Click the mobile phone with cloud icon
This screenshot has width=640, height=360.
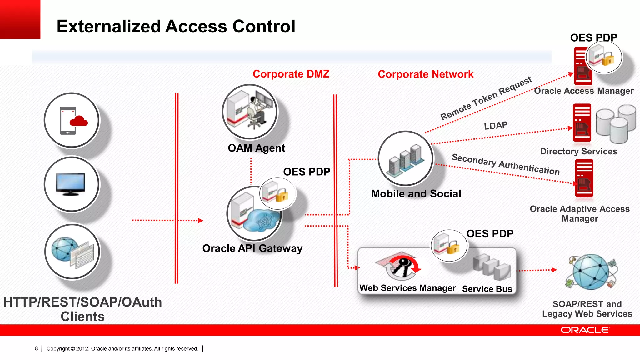click(72, 120)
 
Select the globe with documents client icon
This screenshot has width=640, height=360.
click(72, 252)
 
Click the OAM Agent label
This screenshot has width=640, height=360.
click(256, 148)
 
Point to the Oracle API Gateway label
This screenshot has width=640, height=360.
click(252, 248)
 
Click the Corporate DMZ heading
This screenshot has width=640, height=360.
click(291, 74)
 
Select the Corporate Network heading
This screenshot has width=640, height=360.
click(425, 74)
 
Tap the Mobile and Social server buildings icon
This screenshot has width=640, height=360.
click(406, 159)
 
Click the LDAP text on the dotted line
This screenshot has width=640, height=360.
click(496, 126)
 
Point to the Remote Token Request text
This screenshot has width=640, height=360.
click(486, 98)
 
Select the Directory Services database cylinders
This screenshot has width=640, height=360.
click(616, 124)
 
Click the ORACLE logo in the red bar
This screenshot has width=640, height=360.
click(585, 330)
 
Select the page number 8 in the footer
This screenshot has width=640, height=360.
click(37, 348)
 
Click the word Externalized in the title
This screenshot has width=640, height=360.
click(108, 26)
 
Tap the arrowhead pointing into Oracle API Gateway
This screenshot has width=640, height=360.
click(201, 221)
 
